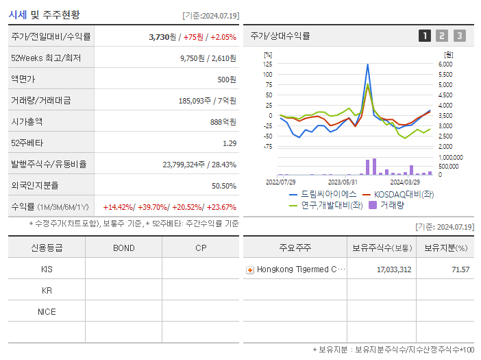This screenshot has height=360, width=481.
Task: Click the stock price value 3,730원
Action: click(164, 36)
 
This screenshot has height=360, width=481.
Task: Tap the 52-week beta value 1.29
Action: click(229, 143)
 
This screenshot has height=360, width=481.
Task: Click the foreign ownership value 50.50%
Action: click(223, 186)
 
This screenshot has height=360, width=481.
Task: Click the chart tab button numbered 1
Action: click(425, 36)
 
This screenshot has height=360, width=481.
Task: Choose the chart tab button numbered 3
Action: click(459, 36)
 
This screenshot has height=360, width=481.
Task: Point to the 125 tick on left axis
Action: click(268, 64)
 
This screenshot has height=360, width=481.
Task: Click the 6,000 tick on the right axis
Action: click(445, 64)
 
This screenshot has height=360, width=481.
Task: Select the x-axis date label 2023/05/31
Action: click(343, 182)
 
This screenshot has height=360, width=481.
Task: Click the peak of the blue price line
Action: click(368, 64)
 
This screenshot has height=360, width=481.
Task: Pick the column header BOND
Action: click(123, 248)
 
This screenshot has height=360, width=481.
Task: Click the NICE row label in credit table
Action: click(47, 311)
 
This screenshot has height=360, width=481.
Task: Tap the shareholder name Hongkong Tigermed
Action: click(296, 269)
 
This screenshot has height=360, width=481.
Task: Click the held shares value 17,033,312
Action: click(394, 269)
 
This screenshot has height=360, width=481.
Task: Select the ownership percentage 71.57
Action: click(460, 269)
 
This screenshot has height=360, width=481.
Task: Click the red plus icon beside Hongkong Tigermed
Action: click(250, 269)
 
